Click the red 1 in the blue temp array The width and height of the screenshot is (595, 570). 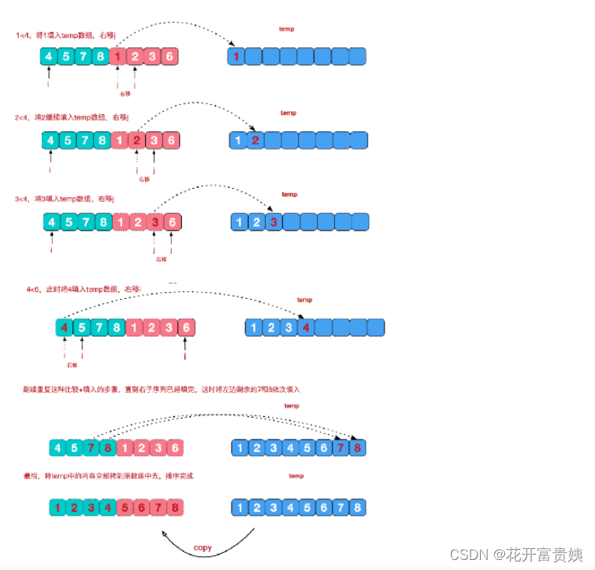coord(237,56)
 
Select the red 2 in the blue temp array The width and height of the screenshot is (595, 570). coord(256,141)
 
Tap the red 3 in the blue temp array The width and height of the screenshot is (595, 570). coord(273,222)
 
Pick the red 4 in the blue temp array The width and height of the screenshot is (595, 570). coord(306,327)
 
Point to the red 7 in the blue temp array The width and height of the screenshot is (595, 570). coord(339,447)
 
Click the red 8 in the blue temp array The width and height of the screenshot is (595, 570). coord(357,447)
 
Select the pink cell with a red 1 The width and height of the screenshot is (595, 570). coord(117,56)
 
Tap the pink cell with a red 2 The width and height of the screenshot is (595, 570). coord(137,141)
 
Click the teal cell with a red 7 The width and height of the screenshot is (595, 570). coord(92,447)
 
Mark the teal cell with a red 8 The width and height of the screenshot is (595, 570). coord(109,447)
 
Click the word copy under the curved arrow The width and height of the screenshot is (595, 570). coord(202,548)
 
